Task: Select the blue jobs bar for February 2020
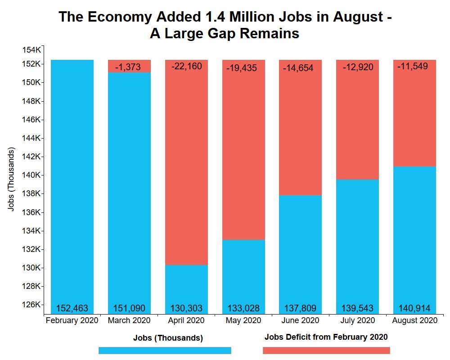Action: pos(72,180)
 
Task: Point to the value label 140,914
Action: pos(414,308)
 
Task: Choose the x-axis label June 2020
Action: pos(300,321)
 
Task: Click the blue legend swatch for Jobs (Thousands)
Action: pos(165,351)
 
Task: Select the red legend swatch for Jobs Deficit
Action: pos(326,351)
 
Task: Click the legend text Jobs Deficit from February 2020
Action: pos(326,337)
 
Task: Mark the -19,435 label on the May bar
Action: pos(243,68)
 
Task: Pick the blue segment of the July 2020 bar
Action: pos(357,243)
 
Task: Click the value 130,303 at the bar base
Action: pos(186,308)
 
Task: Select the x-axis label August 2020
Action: pos(414,321)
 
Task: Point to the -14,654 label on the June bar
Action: pos(300,68)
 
